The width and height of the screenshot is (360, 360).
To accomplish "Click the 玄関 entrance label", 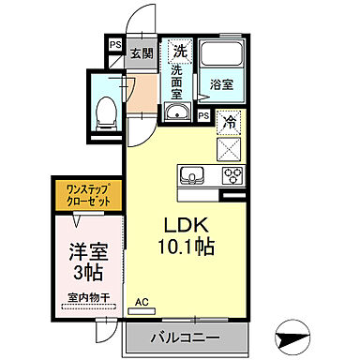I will coord(142,53).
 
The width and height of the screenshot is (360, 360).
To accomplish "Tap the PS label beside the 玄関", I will coord(114,44).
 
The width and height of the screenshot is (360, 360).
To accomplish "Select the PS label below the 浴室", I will coord(203,115).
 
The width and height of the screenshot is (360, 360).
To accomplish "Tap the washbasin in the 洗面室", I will coord(178,113).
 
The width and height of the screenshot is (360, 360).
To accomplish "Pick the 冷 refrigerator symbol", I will coord(228,122).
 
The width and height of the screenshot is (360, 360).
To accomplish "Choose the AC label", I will coord(142,303).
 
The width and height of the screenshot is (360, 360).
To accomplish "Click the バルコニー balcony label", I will coord(184,337).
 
